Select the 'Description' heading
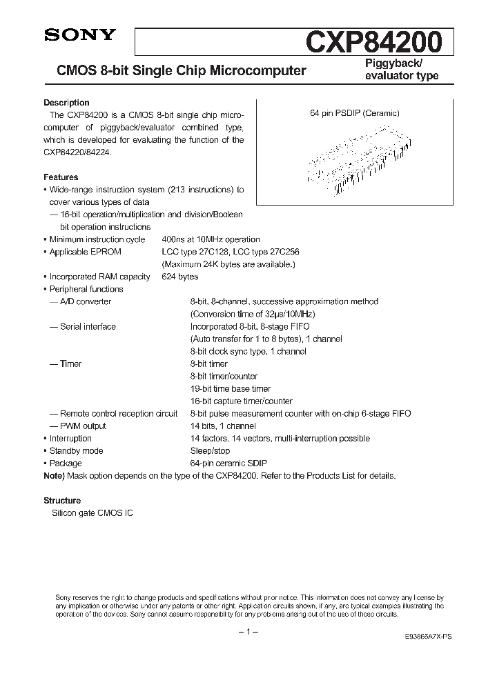(66, 103)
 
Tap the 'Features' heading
(61, 177)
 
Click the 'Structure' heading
(62, 501)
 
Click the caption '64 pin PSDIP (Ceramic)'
(354, 113)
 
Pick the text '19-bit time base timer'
(231, 388)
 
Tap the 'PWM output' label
(83, 426)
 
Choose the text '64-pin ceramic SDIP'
(228, 463)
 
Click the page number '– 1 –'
(248, 632)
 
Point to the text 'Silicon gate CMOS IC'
(88, 514)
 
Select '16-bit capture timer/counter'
(241, 401)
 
